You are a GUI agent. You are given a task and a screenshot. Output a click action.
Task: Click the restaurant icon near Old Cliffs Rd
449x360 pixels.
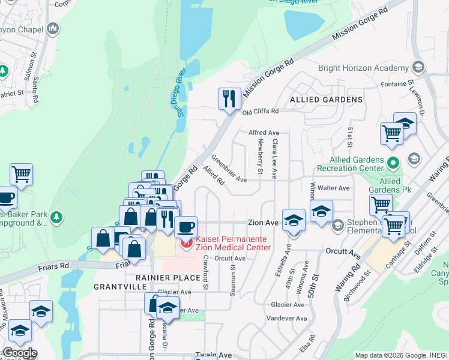pos(229,98)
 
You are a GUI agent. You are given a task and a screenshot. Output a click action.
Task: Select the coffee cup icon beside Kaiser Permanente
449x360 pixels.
pos(185,227)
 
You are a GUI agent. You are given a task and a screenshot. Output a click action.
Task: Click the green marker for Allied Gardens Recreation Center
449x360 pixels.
pos(393,163)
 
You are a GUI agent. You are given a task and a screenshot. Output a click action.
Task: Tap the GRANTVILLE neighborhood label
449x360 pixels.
pos(117,287)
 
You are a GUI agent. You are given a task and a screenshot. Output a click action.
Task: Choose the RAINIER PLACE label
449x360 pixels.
pos(167,278)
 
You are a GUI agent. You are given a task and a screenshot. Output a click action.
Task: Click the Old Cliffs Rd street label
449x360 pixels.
pos(261,111)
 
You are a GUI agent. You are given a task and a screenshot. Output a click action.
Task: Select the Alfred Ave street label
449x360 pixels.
pos(264,133)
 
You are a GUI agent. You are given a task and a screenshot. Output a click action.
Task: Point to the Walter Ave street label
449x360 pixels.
pos(334,188)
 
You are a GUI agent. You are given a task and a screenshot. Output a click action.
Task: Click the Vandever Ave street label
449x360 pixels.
pos(286,319)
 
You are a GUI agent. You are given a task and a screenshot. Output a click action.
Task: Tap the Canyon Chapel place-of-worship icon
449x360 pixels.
pos(53,28)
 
